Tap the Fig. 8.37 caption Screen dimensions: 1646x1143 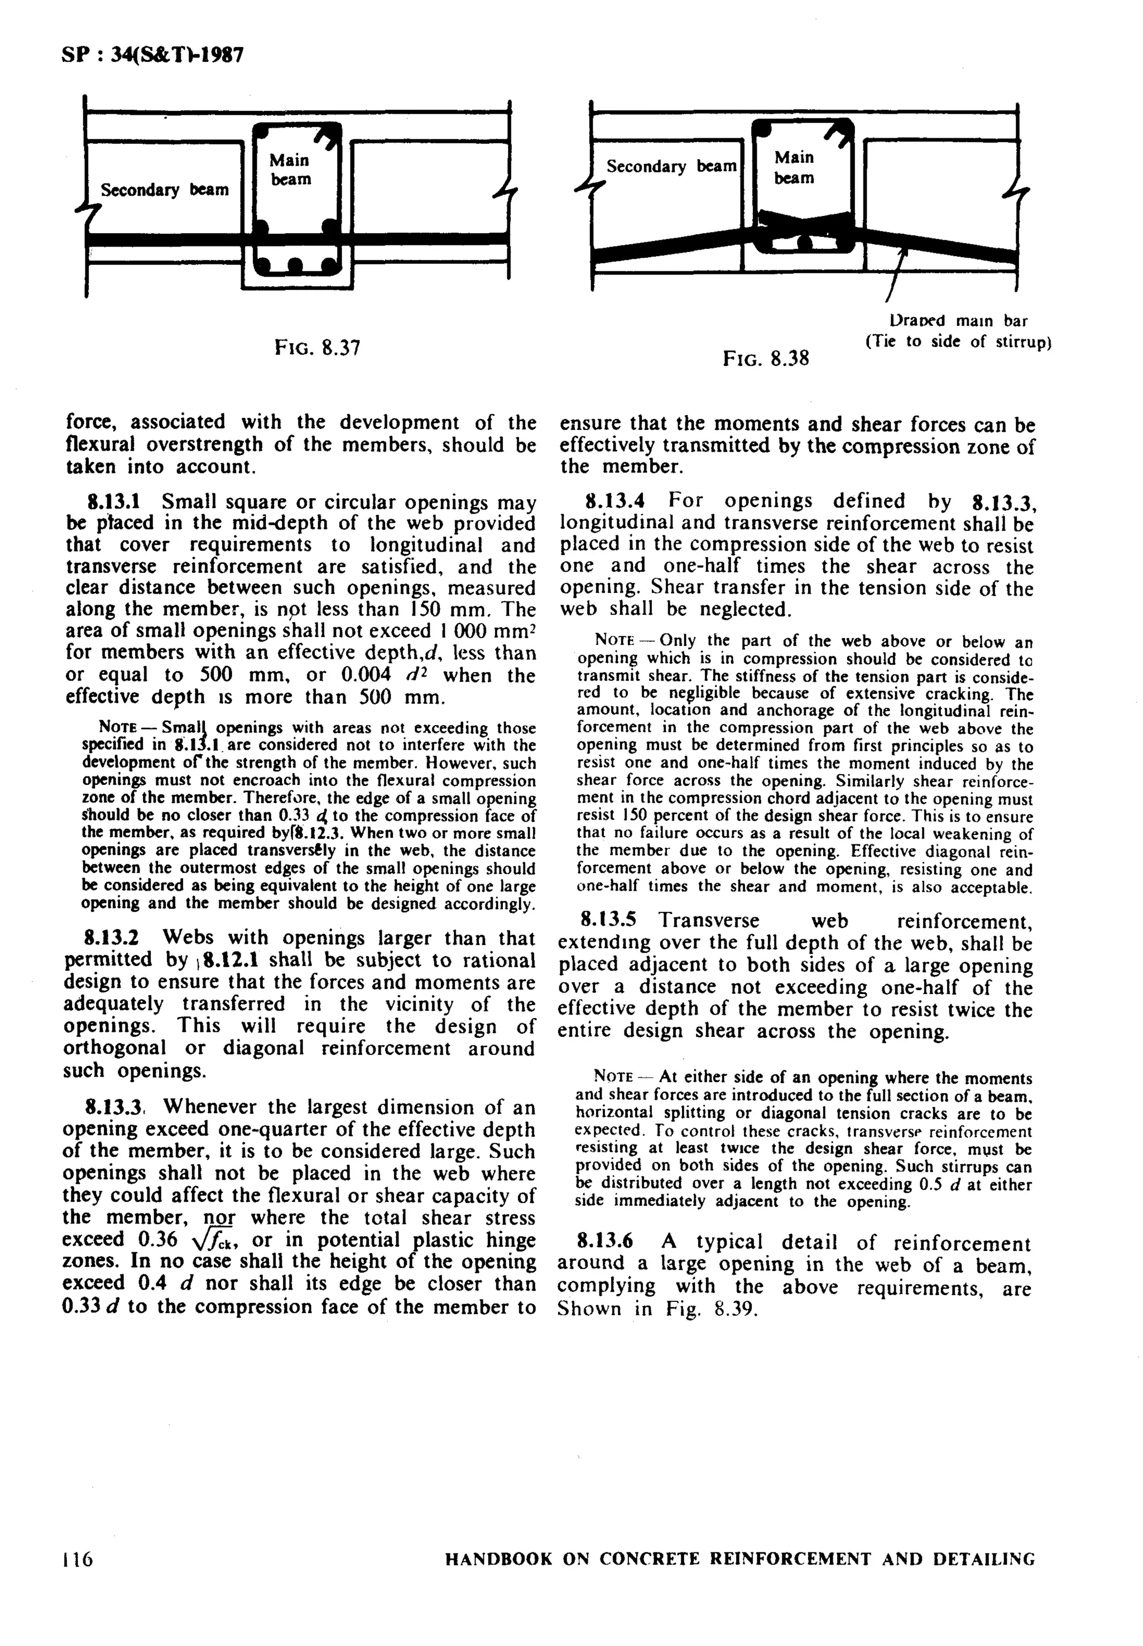[317, 349]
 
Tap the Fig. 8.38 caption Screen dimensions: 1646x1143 [766, 358]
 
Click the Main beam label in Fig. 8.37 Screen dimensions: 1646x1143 [290, 170]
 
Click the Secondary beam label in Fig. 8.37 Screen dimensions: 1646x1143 [164, 190]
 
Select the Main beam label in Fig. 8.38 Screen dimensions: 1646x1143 [794, 167]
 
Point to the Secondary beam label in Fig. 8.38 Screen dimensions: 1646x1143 [670, 166]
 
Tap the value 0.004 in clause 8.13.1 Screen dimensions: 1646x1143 [364, 675]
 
